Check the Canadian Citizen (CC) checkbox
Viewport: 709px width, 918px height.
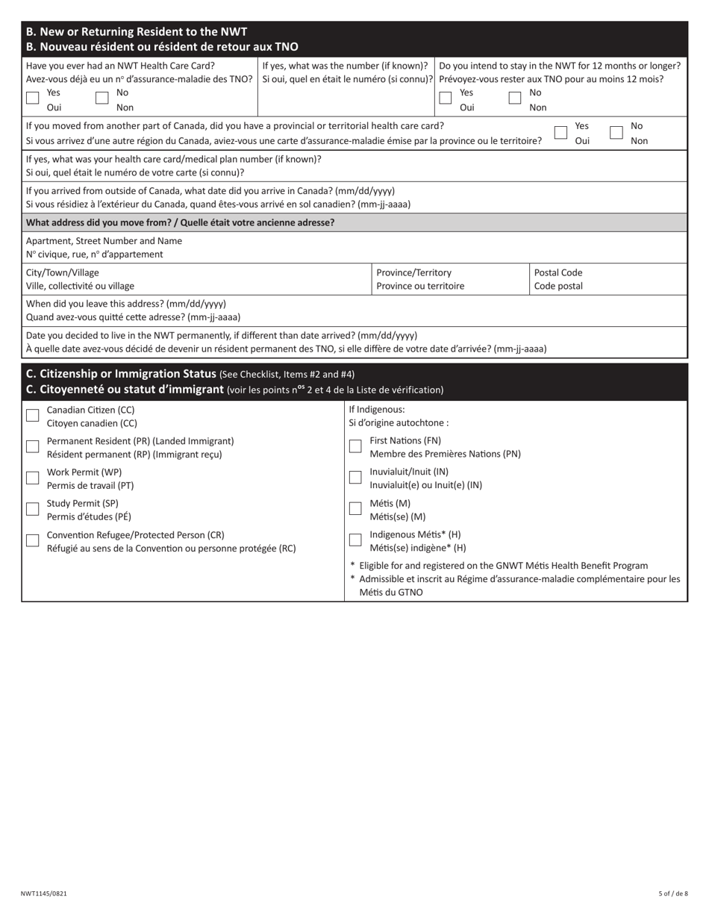click(32, 416)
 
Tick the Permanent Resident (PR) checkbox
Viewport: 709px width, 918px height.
click(32, 446)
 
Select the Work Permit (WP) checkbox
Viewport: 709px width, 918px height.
click(32, 478)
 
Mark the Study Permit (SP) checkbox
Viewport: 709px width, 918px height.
click(32, 509)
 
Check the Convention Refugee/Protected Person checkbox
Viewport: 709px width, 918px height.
click(32, 540)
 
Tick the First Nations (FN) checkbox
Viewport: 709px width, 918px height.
click(355, 446)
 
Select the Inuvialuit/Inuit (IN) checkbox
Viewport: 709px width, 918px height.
click(355, 478)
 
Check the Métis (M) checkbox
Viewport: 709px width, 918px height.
click(355, 509)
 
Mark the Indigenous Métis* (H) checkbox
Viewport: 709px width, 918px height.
click(355, 540)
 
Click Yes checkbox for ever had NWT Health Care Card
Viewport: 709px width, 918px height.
click(32, 98)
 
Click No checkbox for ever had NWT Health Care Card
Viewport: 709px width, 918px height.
click(102, 98)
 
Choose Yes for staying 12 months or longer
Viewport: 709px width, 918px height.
click(446, 98)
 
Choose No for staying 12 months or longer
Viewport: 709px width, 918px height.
click(515, 98)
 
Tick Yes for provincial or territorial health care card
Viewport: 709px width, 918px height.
click(560, 132)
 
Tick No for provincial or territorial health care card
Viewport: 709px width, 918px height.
click(616, 132)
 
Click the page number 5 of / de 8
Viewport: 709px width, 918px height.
click(673, 893)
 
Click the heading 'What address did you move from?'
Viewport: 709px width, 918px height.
click(180, 222)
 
